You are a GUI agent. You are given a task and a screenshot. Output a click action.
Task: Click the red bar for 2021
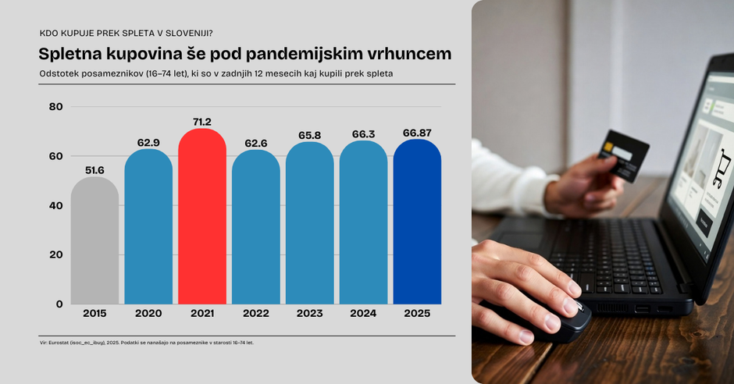[x=202, y=219]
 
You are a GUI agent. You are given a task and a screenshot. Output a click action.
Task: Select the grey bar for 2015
[x=94, y=242]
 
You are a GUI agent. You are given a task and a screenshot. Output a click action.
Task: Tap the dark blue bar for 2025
[x=417, y=222]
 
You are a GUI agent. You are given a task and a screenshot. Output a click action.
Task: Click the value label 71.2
[x=202, y=122]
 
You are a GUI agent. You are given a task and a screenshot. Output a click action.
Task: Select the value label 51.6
[x=94, y=170]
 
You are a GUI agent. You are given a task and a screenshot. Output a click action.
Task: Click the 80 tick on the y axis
[x=55, y=106]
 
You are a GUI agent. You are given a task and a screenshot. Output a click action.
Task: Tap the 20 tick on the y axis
[x=55, y=254]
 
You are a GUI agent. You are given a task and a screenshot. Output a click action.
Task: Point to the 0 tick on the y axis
[x=59, y=304]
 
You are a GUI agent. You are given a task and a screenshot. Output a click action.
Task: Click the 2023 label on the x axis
[x=310, y=314]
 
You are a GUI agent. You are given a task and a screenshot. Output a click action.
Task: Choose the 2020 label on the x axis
[x=148, y=314]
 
